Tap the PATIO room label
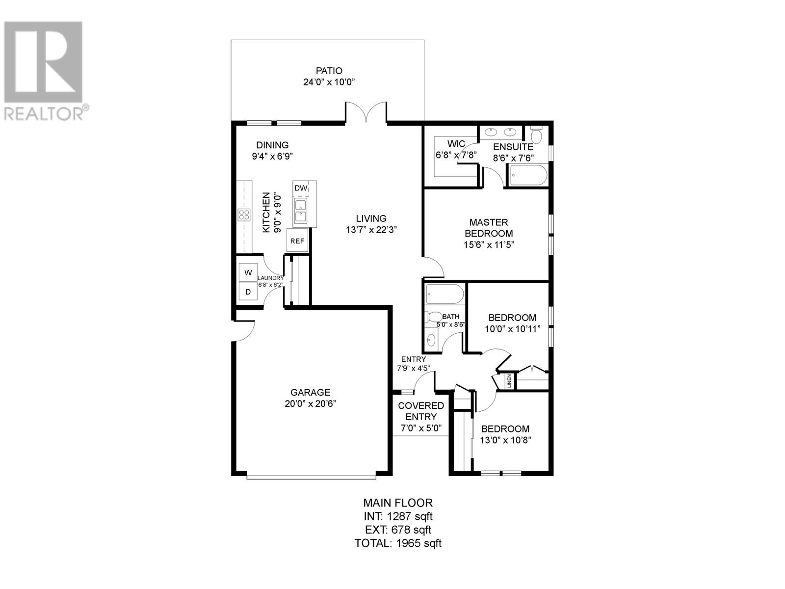[x=329, y=71]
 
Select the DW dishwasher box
[x=301, y=188]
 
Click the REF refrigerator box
[x=297, y=241]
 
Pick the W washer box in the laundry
[x=248, y=272]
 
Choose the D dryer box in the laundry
[x=248, y=292]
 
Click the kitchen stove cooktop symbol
[x=244, y=214]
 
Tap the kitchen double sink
[x=300, y=211]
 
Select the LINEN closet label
[x=509, y=380]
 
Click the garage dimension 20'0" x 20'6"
[x=311, y=403]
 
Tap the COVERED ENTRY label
[x=421, y=411]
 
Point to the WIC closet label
[x=456, y=144]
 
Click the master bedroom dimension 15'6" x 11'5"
[x=489, y=244]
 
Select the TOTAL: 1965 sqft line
[x=398, y=543]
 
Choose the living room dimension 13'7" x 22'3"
[x=371, y=229]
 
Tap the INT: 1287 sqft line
[x=398, y=516]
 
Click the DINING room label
[x=272, y=145]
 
